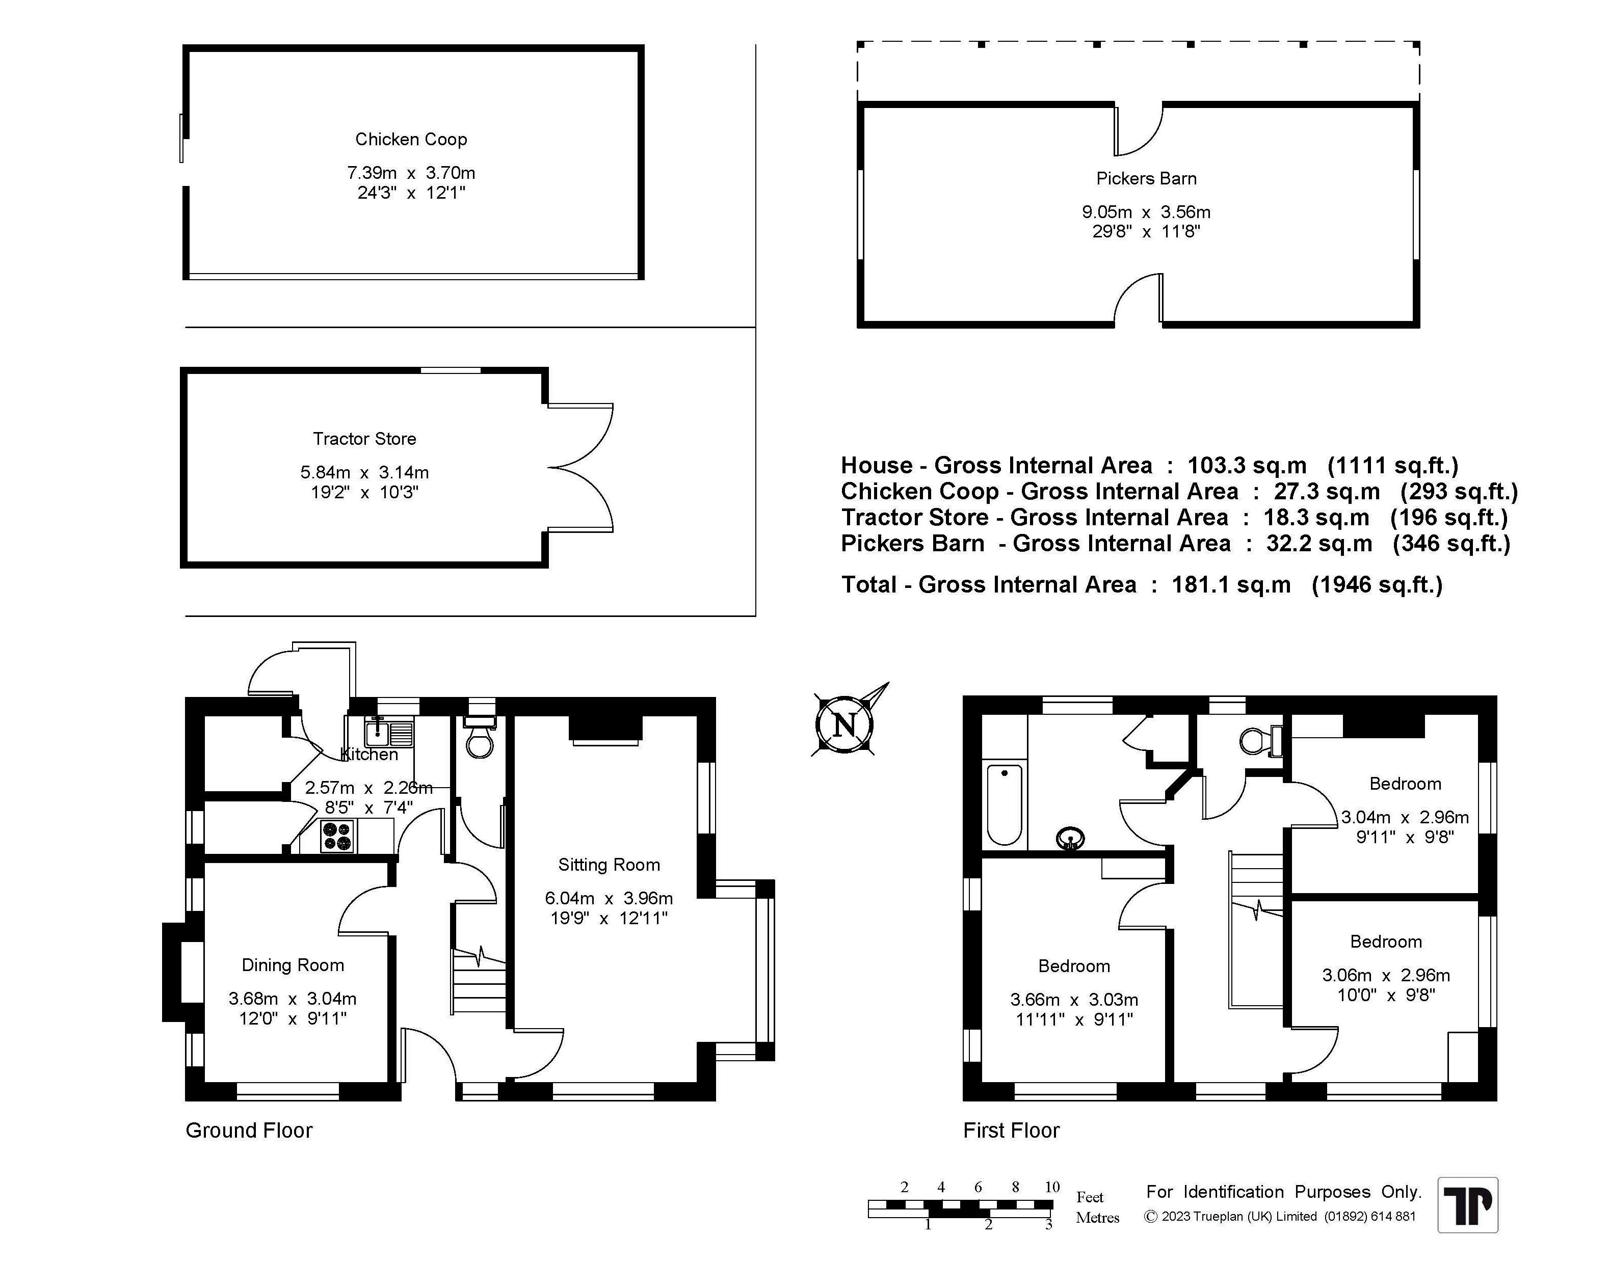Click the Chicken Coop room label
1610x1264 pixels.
point(411,139)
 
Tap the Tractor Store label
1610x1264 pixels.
point(364,439)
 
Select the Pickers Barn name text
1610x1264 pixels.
point(1146,178)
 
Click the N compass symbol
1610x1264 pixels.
point(844,724)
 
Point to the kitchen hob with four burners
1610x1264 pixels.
point(337,836)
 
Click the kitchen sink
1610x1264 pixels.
point(389,732)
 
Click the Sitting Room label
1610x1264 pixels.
point(609,865)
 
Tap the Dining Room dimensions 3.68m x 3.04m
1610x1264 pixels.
point(293,999)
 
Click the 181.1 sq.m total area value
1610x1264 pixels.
point(1231,585)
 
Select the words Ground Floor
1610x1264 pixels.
point(249,1130)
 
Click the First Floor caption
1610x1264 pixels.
point(1011,1130)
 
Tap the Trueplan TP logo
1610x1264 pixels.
point(1468,1205)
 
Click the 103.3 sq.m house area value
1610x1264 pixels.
point(1247,466)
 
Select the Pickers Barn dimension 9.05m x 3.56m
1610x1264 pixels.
point(1146,211)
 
